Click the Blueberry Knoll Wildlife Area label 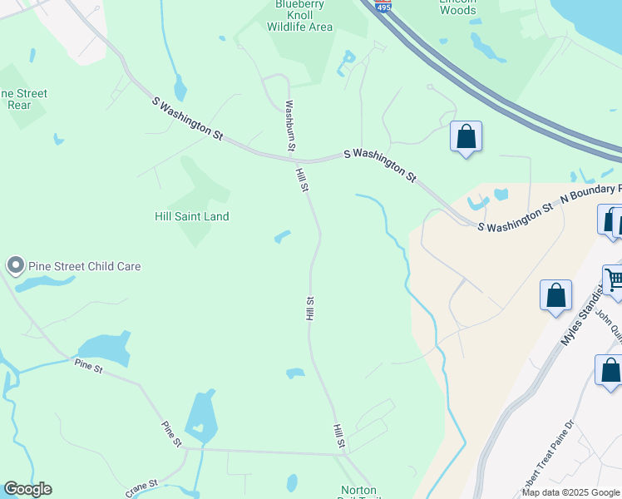tap(299, 16)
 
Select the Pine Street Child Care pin tap(15, 265)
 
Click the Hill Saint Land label tap(192, 216)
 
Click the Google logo tap(27, 489)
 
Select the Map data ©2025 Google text tap(570, 492)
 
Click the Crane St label tap(141, 487)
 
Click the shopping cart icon tap(615, 280)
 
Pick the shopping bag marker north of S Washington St tap(466, 136)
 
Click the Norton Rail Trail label tap(359, 492)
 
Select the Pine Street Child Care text tap(85, 266)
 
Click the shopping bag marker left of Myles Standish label tap(555, 296)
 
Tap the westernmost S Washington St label tap(189, 117)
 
